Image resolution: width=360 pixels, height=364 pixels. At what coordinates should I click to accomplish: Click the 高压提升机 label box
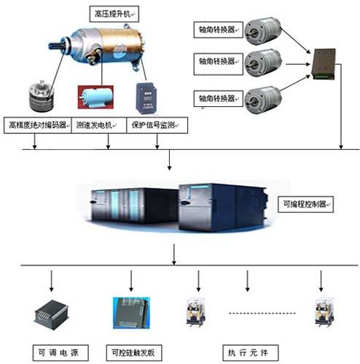coord(114,14)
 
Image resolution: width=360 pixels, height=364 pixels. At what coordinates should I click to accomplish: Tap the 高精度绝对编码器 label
coord(38,125)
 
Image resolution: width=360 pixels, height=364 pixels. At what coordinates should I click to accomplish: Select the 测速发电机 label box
coord(99,125)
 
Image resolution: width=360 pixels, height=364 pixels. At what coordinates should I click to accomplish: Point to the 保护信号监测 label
coord(157,125)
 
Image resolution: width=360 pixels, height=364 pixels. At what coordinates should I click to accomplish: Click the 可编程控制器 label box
coord(305,205)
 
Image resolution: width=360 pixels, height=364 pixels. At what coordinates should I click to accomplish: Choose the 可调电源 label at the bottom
coord(60,352)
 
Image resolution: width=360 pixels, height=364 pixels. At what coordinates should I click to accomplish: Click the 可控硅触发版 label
coord(134,352)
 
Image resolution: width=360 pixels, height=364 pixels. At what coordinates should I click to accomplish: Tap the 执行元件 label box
coord(251,352)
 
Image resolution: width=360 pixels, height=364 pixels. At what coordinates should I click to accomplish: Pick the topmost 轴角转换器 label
coord(219,30)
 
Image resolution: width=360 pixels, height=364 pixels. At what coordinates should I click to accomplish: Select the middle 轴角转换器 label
coord(219,64)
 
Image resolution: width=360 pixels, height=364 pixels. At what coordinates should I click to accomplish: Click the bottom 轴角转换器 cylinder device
coord(263,100)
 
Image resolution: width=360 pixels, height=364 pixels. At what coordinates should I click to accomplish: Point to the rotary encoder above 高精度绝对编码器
coord(42,96)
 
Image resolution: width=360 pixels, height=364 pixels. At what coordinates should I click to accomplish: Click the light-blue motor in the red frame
coord(95,97)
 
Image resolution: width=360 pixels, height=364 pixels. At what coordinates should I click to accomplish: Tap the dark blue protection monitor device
coord(146,98)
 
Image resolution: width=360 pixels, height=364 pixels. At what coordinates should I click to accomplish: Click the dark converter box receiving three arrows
coord(324,64)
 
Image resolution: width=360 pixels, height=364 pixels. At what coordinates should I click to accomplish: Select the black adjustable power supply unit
coord(51,314)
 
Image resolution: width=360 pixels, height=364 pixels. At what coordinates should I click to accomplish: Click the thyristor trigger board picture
coord(131,313)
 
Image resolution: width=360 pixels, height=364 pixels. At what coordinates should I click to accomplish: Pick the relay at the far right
coord(324,312)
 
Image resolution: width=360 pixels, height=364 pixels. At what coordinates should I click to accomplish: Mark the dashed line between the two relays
coord(262,313)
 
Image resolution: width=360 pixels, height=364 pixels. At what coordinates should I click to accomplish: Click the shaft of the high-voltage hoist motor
coord(57,45)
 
